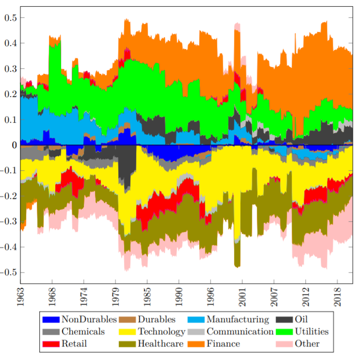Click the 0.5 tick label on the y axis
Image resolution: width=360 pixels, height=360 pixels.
click(x=10, y=18)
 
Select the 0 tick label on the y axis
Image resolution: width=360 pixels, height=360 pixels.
click(x=15, y=145)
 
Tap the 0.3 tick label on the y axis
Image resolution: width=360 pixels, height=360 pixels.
click(x=10, y=69)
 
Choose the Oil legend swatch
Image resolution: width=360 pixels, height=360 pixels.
click(x=284, y=320)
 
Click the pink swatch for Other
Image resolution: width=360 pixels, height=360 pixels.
click(x=284, y=344)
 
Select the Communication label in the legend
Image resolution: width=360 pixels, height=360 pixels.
click(x=240, y=332)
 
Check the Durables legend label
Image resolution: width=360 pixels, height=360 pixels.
click(x=156, y=320)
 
